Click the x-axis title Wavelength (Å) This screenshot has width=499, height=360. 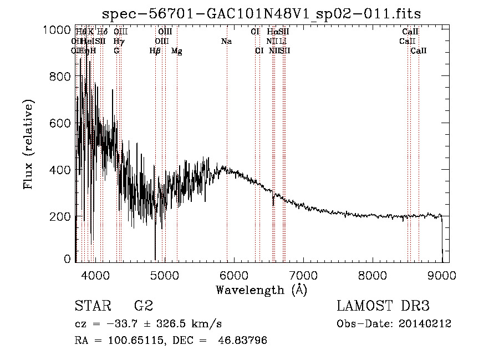(261, 290)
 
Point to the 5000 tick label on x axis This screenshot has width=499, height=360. (164, 274)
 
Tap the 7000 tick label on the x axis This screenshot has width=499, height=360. (303, 274)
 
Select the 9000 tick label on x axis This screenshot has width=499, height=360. (442, 274)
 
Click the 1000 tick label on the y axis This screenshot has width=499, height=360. (57, 30)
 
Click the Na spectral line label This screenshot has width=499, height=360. (226, 42)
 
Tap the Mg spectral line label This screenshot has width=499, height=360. (176, 51)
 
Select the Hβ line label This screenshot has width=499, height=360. (155, 51)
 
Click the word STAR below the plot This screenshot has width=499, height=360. (92, 306)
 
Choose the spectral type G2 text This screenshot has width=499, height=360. (144, 306)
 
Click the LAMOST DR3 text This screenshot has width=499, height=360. (383, 306)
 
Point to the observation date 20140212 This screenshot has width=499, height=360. (426, 324)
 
